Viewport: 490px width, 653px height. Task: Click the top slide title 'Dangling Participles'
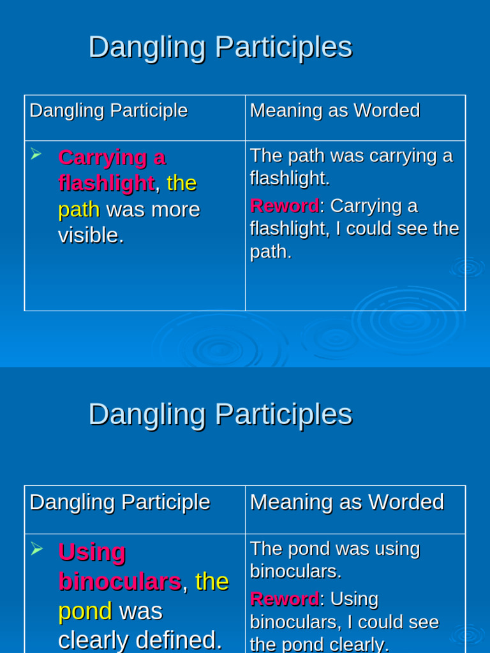(x=220, y=47)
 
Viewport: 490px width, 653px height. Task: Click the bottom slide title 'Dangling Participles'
(x=220, y=414)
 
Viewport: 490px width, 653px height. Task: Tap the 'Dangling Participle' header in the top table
(x=108, y=110)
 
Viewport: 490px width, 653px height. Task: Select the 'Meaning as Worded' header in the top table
(x=334, y=110)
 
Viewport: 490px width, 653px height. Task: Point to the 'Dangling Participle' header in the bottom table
(x=119, y=502)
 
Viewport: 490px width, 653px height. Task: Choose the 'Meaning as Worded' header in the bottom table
(x=346, y=502)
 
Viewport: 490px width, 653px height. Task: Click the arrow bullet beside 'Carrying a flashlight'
(x=36, y=154)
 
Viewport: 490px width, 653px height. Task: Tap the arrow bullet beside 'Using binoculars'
(x=36, y=548)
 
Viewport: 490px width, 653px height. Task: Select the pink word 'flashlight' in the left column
(x=106, y=183)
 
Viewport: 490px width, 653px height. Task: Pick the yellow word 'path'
(x=79, y=209)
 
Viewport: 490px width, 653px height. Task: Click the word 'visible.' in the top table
(x=91, y=235)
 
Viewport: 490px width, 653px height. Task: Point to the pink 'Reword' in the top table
(x=284, y=206)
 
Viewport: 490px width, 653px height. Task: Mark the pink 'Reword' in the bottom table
(x=284, y=599)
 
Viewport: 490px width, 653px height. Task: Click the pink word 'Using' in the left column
(x=92, y=552)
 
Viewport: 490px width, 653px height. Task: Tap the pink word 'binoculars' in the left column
(x=119, y=582)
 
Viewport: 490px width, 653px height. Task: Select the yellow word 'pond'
(x=85, y=611)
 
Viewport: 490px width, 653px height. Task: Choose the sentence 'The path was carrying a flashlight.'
(x=351, y=166)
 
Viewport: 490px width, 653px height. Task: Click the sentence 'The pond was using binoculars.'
(x=334, y=560)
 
